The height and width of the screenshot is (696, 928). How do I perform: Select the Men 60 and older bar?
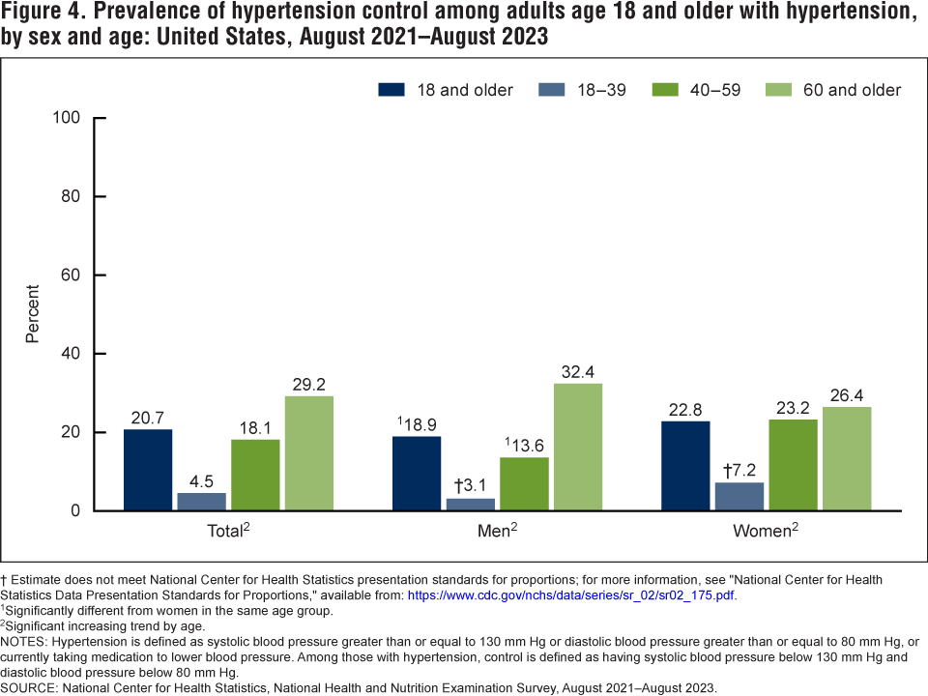577,447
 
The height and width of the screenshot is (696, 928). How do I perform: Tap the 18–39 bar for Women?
740,496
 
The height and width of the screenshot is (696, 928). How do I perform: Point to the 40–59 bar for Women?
794,465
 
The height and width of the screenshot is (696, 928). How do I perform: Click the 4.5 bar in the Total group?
201,502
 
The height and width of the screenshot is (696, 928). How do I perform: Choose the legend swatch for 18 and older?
391,90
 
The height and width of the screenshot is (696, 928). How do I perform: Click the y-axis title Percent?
33,313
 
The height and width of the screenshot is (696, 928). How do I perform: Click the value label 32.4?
577,371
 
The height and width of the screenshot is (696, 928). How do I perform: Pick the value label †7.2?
739,470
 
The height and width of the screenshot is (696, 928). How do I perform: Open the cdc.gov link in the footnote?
570,595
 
